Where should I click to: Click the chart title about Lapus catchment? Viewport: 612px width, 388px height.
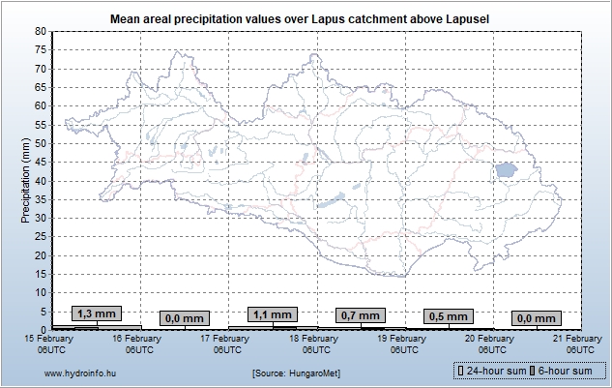click(306, 17)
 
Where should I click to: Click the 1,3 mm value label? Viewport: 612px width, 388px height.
click(97, 313)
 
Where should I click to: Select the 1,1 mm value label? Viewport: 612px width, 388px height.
click(271, 314)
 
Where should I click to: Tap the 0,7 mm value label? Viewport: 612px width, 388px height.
click(360, 315)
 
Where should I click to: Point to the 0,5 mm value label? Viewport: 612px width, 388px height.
click(448, 316)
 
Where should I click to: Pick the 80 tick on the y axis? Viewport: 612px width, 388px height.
click(41, 31)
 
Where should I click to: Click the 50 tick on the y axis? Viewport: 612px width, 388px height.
click(41, 143)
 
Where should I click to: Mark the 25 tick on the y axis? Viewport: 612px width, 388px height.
click(41, 237)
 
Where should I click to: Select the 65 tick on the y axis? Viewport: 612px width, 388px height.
click(41, 87)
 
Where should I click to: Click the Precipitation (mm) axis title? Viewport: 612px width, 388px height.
click(25, 180)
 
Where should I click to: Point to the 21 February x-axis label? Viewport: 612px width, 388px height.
click(578, 343)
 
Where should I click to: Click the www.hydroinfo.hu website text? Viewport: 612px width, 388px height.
click(81, 372)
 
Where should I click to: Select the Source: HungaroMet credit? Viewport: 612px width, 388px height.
click(296, 372)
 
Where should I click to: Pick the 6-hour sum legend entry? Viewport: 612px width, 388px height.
click(566, 371)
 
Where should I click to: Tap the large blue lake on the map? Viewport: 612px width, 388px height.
click(505, 170)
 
